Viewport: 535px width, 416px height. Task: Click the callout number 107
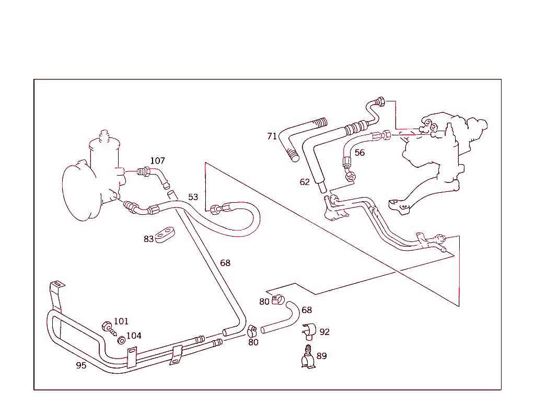[x=157, y=160]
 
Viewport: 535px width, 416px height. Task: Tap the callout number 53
[x=193, y=197]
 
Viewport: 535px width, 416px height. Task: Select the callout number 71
[x=272, y=136]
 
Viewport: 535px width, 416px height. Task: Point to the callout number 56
[x=359, y=153]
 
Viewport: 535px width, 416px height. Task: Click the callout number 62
[x=305, y=182]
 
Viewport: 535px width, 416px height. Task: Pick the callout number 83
[x=149, y=239]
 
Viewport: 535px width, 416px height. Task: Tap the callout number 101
[x=121, y=321]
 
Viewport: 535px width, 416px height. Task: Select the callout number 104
[x=133, y=336]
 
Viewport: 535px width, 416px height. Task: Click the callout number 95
[x=81, y=365]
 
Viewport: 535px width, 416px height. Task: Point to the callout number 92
[x=324, y=332]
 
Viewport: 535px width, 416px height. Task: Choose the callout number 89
[x=321, y=356]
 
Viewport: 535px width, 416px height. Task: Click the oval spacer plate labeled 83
[x=165, y=236]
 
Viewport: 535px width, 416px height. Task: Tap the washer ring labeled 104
[x=121, y=341]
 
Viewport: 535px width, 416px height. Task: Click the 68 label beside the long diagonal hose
[x=225, y=263]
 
